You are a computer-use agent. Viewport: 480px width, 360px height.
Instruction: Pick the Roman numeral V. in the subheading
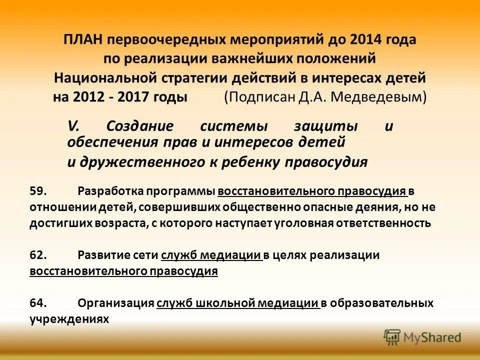point(73,126)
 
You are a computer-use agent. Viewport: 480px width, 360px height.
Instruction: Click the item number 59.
point(38,191)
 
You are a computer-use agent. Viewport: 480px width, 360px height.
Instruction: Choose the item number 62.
point(38,255)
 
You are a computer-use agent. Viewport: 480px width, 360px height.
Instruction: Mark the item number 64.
point(38,303)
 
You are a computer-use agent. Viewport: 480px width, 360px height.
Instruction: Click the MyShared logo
point(422,337)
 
